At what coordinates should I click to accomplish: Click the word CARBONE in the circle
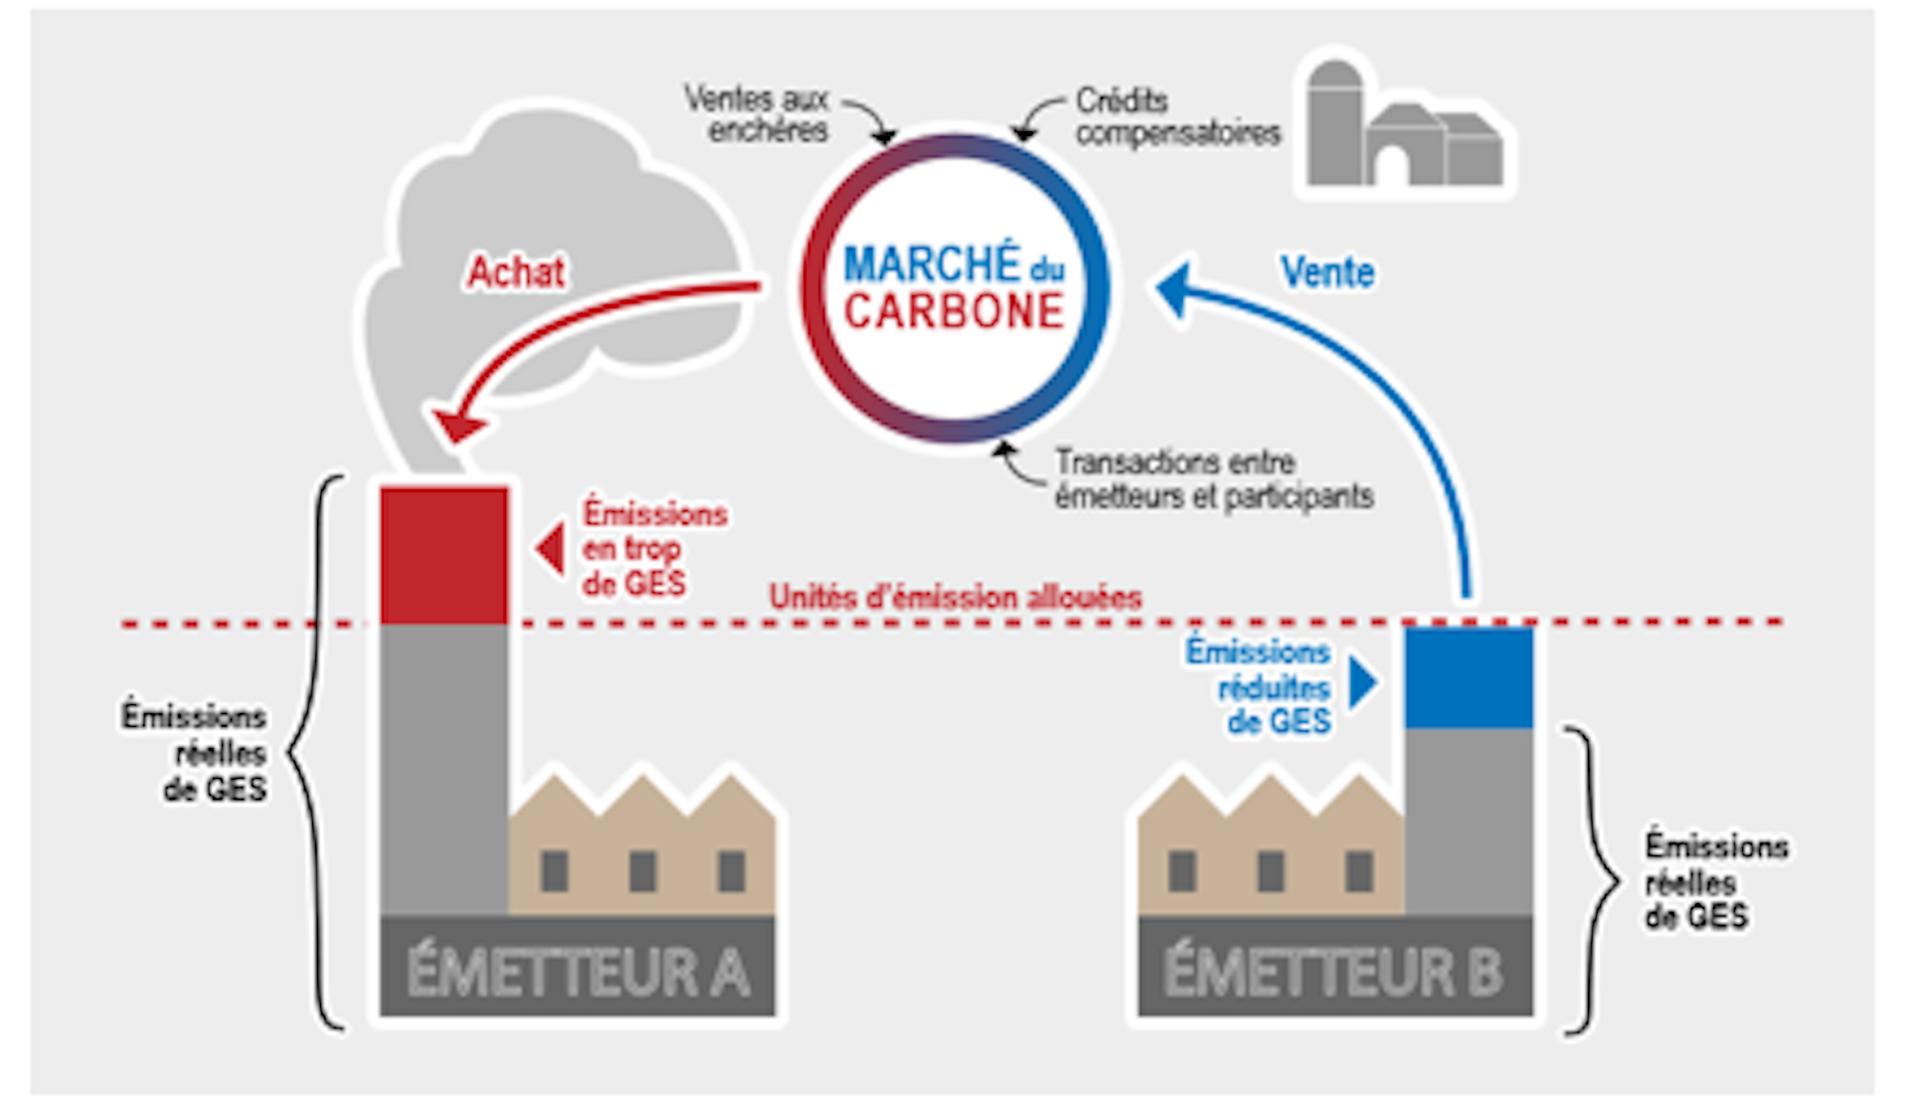(954, 311)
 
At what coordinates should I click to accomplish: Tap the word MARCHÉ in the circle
(932, 265)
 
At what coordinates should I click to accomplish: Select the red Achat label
(516, 272)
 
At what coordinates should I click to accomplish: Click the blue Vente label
(1327, 272)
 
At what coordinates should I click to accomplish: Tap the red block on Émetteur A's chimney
(443, 554)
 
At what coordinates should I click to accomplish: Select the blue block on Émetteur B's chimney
(1469, 676)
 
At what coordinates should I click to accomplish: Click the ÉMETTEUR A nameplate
(577, 970)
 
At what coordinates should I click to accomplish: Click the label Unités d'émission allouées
(955, 597)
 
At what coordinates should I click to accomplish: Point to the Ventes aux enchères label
(758, 114)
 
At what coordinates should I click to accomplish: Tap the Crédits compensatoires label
(1177, 116)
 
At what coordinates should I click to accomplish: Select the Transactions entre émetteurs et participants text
(1214, 478)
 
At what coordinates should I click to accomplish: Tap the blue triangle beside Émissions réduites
(1363, 683)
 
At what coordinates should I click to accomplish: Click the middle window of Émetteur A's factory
(642, 871)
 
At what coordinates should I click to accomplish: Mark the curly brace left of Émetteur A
(319, 752)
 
